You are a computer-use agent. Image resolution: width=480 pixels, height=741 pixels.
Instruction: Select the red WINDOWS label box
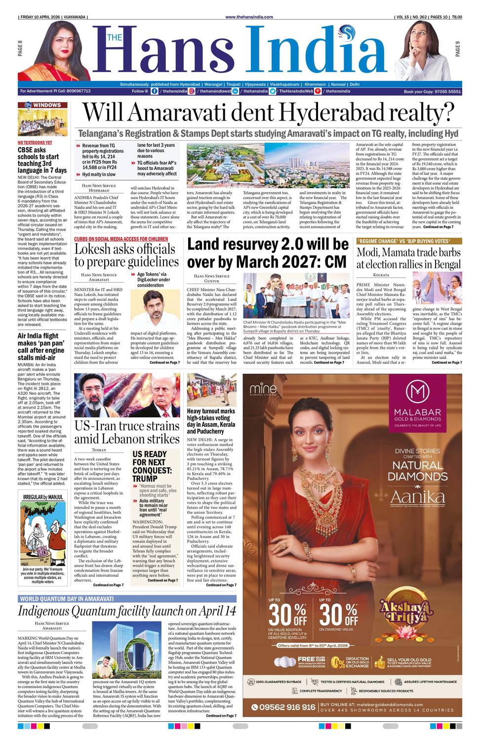[x=43, y=105]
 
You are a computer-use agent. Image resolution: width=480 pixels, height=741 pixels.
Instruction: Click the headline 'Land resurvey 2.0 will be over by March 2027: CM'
[x=268, y=253]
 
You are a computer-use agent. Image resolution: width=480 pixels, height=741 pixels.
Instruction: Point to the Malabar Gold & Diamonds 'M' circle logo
[x=417, y=392]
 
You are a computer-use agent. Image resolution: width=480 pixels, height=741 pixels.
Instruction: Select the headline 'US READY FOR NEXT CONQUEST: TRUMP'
[x=152, y=466]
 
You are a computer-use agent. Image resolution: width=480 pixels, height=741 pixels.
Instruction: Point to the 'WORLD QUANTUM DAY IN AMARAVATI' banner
[x=67, y=599]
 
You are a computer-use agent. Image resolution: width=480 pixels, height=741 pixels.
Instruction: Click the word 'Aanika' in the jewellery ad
[x=417, y=497]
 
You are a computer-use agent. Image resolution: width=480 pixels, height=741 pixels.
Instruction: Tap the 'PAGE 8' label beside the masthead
[x=20, y=48]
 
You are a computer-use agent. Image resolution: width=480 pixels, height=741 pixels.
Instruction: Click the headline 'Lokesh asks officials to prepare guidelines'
[x=126, y=255]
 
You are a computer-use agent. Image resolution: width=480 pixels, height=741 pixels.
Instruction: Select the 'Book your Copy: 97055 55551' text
[x=432, y=91]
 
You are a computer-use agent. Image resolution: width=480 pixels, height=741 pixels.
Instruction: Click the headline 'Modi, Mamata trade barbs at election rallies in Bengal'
[x=408, y=258]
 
